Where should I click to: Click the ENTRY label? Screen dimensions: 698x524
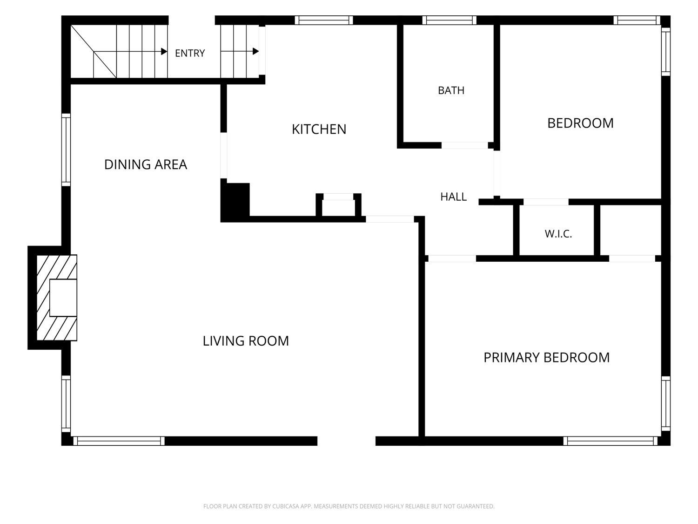pos(190,53)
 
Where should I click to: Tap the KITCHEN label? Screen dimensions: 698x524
pos(319,129)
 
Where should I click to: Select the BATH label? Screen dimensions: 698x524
pos(451,90)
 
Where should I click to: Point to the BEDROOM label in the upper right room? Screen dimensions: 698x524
pos(580,123)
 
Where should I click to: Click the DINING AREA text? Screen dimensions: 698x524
pos(146,164)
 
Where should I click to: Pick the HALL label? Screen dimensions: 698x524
pos(453,197)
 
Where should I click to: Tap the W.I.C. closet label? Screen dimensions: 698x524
pos(558,234)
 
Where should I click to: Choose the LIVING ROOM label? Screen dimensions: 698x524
pos(246,341)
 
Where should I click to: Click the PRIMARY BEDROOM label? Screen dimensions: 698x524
pos(547,358)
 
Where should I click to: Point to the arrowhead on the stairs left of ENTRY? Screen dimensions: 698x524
pos(164,51)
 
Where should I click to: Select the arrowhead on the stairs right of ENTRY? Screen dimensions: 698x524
pos(255,51)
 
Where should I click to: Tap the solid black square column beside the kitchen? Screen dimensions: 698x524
pos(235,200)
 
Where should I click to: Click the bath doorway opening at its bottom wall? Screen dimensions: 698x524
pos(464,145)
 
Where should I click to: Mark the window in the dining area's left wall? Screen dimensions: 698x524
pos(66,150)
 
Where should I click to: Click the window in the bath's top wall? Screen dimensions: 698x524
pos(450,20)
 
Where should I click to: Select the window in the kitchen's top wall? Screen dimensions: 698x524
pos(324,20)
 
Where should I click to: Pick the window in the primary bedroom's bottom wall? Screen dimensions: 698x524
pos(611,441)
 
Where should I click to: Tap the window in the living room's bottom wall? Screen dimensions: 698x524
pos(119,441)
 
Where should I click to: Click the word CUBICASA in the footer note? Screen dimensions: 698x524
pos(286,506)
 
